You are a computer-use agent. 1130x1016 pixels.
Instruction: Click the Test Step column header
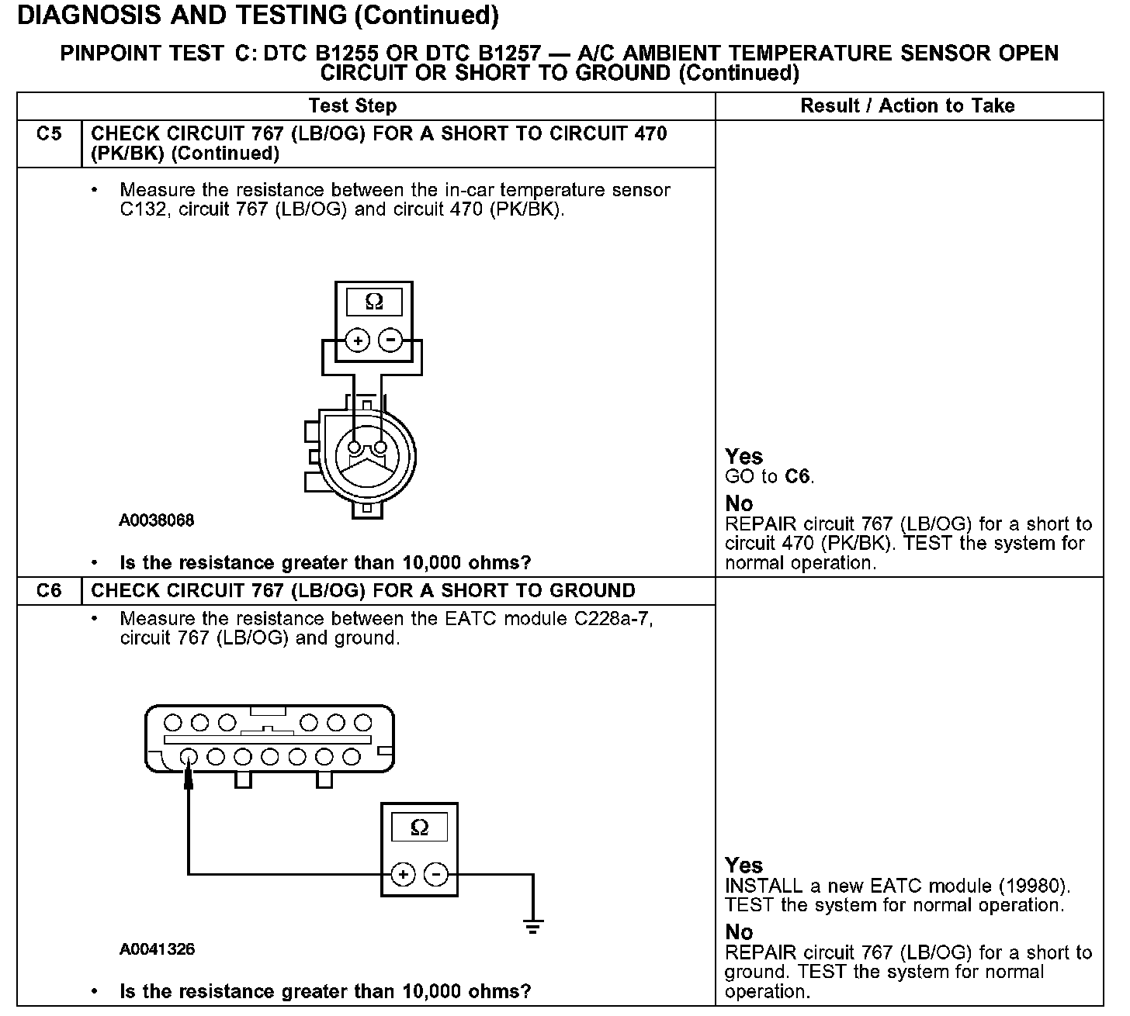(x=352, y=105)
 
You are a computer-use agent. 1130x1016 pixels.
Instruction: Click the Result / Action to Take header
(x=907, y=105)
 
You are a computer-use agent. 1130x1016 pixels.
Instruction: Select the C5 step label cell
(x=48, y=134)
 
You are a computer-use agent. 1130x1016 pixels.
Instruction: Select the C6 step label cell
(x=48, y=591)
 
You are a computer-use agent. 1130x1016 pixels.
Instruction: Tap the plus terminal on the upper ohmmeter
(x=357, y=340)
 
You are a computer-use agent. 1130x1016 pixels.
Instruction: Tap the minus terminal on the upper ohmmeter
(x=390, y=340)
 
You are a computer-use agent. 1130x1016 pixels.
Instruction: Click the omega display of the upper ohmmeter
(x=374, y=302)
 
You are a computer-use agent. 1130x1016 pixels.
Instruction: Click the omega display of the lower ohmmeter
(x=419, y=828)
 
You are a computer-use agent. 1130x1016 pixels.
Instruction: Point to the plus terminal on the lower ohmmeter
(x=403, y=875)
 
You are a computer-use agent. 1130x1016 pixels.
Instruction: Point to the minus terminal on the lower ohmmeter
(x=436, y=875)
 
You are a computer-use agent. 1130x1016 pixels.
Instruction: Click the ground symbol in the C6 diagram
(x=532, y=925)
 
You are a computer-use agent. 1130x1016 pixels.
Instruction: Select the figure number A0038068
(x=157, y=520)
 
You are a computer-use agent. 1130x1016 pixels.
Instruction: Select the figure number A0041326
(x=157, y=949)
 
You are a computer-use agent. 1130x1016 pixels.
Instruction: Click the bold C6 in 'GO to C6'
(x=797, y=476)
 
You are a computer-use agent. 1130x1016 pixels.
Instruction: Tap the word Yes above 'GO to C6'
(x=744, y=456)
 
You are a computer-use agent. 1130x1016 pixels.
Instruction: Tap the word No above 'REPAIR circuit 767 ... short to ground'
(x=739, y=931)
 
